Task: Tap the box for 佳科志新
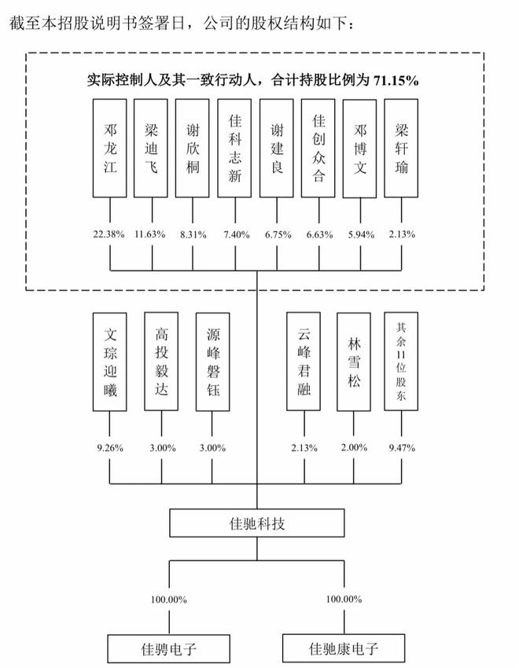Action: pyautogui.click(x=234, y=147)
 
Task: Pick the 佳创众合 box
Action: pyautogui.click(x=318, y=147)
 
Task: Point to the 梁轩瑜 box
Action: pyautogui.click(x=402, y=147)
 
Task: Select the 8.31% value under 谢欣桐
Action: pyautogui.click(x=193, y=233)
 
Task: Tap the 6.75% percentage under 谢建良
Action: pyautogui.click(x=277, y=233)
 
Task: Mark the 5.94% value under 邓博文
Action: pyautogui.click(x=360, y=233)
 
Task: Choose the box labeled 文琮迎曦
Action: pyautogui.click(x=110, y=362)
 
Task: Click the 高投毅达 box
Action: pyautogui.click(x=161, y=362)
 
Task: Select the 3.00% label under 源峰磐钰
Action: pyautogui.click(x=212, y=448)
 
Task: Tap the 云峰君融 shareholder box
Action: pyautogui.click(x=304, y=362)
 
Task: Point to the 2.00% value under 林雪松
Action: pyautogui.click(x=354, y=448)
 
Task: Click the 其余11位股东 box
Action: pyautogui.click(x=402, y=362)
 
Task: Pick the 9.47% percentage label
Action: pyautogui.click(x=402, y=448)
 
